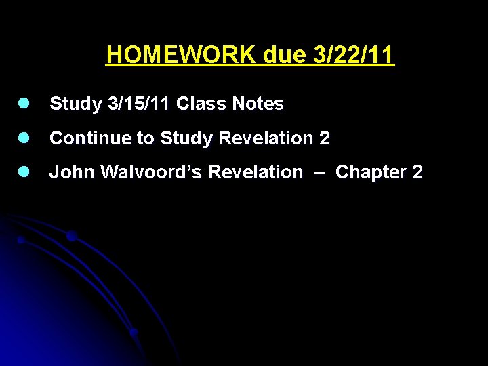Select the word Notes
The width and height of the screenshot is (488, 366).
coord(258,104)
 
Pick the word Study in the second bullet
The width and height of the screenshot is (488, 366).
coord(184,138)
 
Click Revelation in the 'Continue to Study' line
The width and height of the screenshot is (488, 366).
coord(263,138)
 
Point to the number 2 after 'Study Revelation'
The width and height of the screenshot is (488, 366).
coord(325,138)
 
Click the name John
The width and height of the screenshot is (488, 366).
coord(73,172)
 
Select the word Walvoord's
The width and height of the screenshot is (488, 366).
coord(152,172)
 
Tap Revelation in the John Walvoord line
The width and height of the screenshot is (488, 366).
coord(256,172)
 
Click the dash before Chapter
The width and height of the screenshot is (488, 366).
coord(319,173)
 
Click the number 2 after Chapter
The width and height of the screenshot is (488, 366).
coord(418,172)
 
